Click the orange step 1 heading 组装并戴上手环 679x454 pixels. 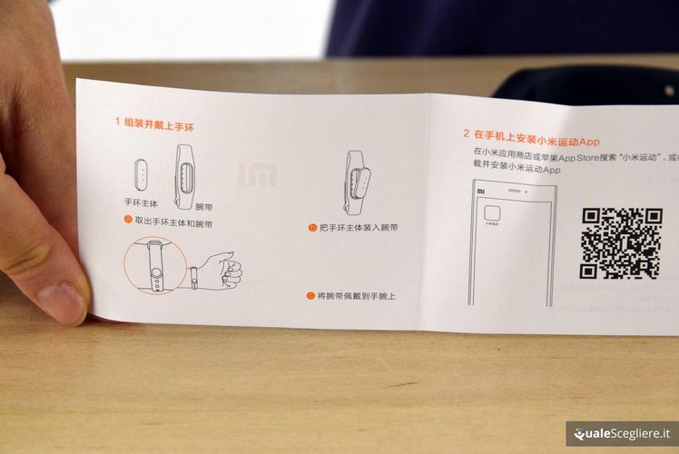pyautogui.click(x=158, y=123)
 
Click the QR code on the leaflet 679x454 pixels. pyautogui.click(x=622, y=242)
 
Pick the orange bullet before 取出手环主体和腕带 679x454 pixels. pyautogui.click(x=127, y=221)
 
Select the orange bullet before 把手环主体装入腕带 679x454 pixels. pyautogui.click(x=312, y=228)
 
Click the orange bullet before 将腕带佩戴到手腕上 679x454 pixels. pyautogui.click(x=310, y=296)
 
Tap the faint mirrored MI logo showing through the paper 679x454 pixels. pyautogui.click(x=257, y=173)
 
